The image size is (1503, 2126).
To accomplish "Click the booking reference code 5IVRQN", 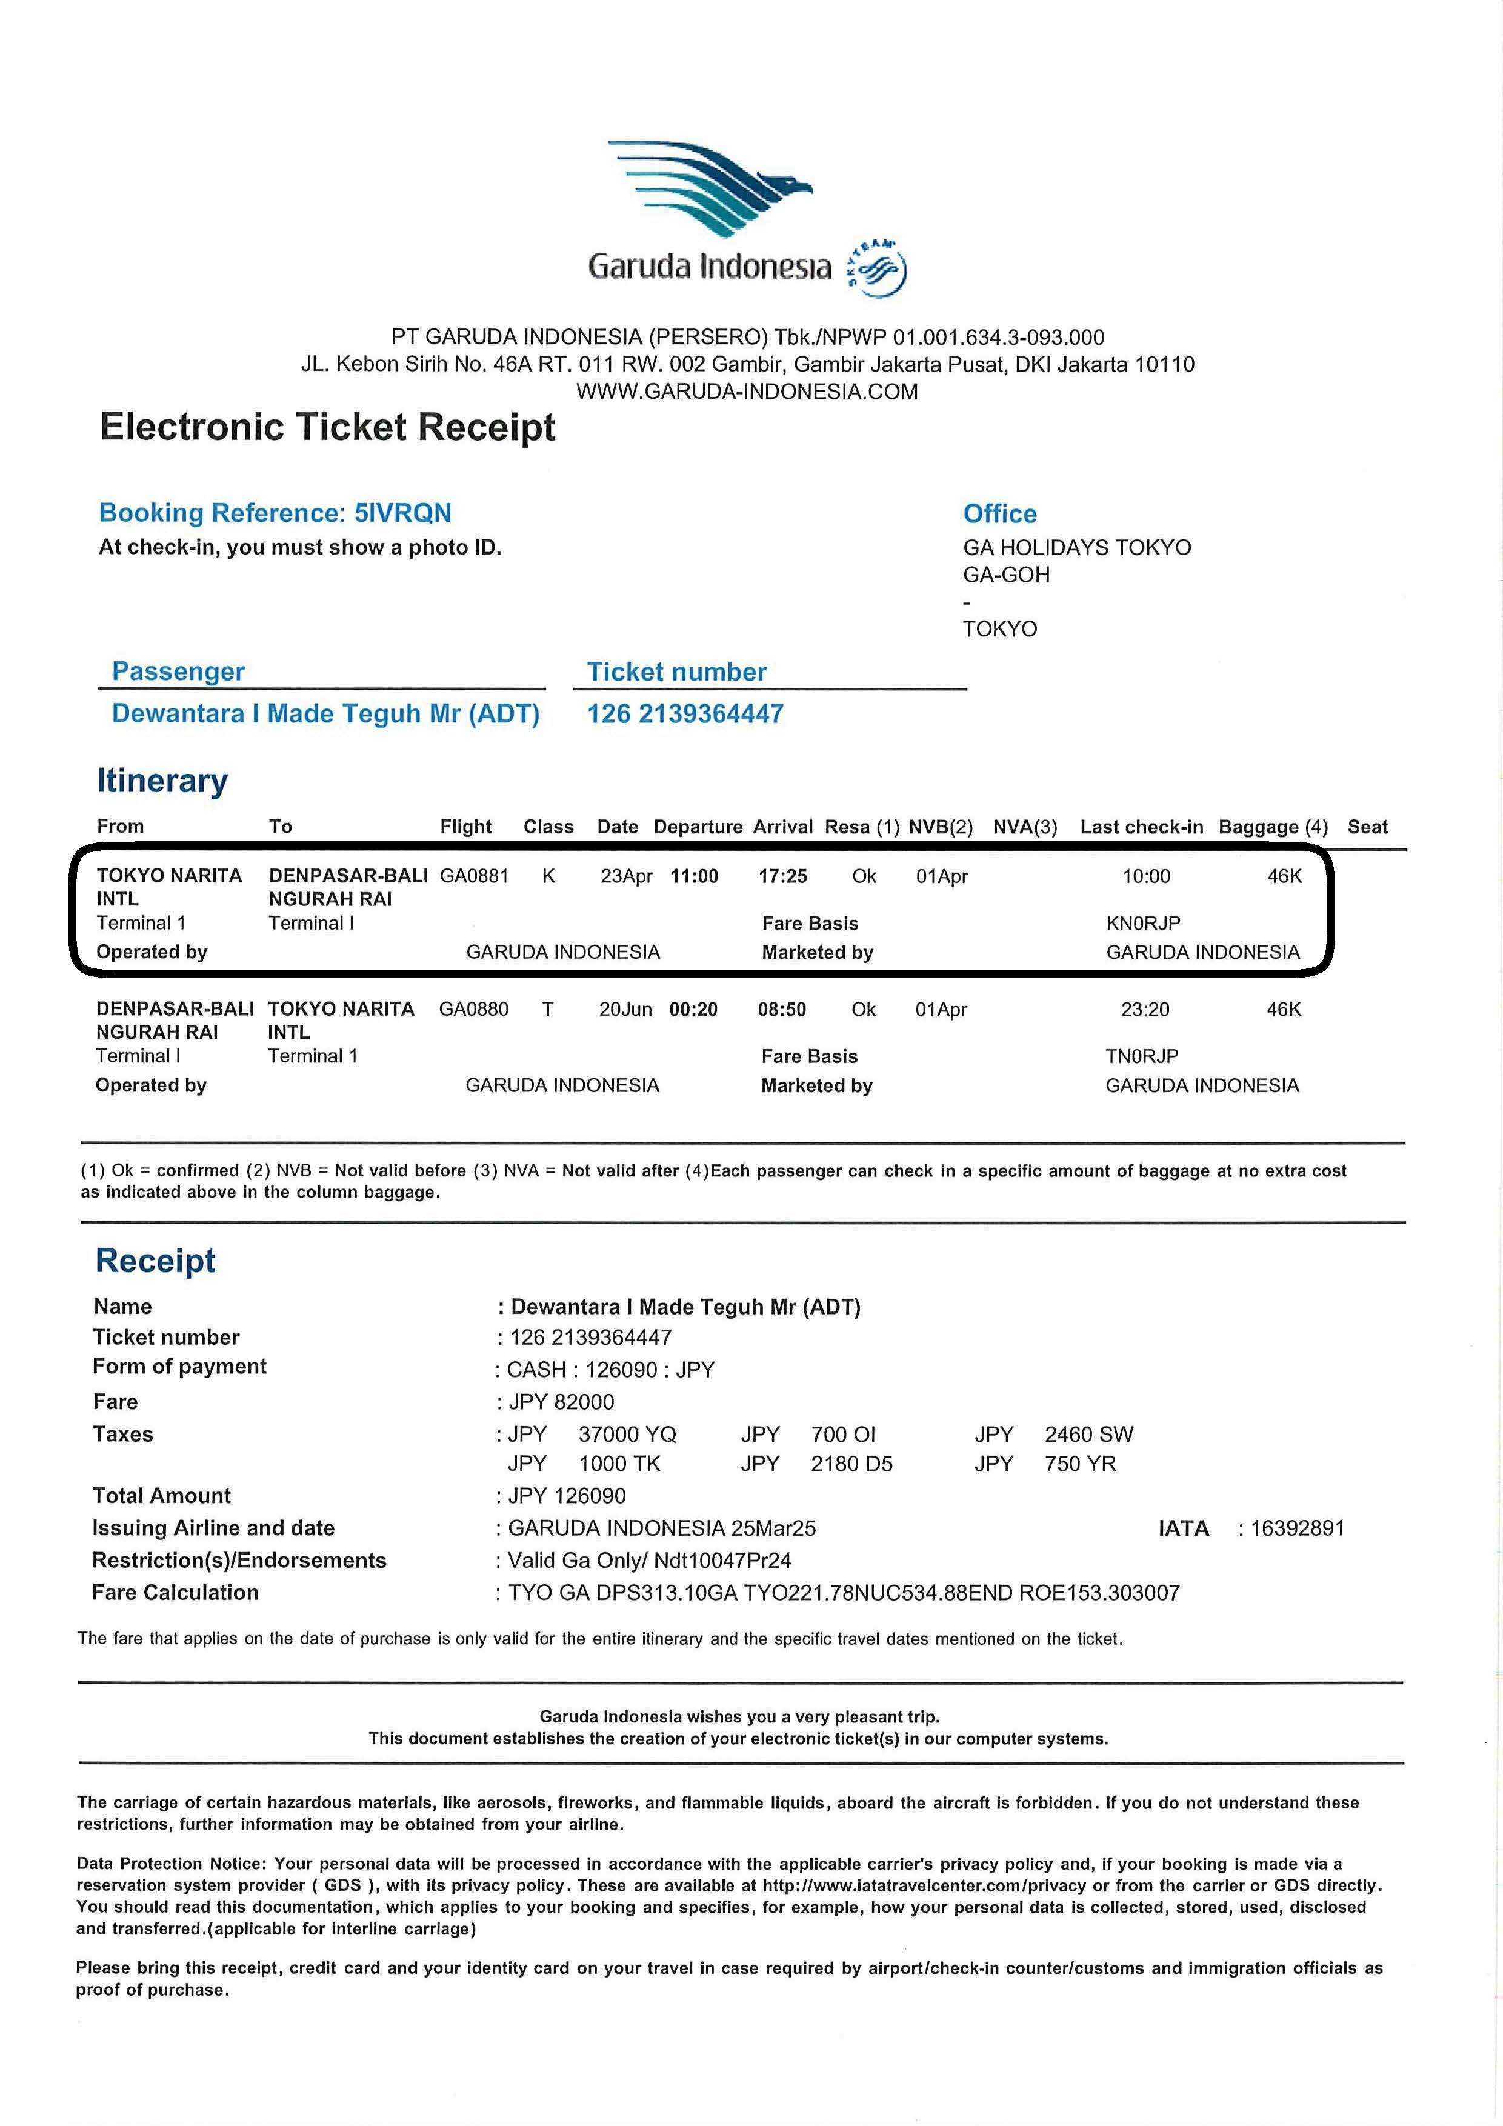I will coord(403,513).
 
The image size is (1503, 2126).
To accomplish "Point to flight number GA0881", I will coord(474,876).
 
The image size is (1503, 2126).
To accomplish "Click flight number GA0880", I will coord(473,1009).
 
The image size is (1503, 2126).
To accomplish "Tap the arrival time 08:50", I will coord(782,1009).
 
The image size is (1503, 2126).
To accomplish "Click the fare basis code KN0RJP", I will coord(1143,923).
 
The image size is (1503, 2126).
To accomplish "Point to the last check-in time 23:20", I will coord(1145,1009).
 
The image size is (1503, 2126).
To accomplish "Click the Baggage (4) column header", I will coord(1273,827).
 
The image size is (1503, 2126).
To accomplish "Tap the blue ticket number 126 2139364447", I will coord(685,714).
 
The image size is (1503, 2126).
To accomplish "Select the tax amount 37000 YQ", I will coord(627,1435).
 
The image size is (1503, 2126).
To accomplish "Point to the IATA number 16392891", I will coord(1296,1528).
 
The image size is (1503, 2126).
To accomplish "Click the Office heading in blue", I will coord(999,514).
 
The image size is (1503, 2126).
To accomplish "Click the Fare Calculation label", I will coord(175,1593).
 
